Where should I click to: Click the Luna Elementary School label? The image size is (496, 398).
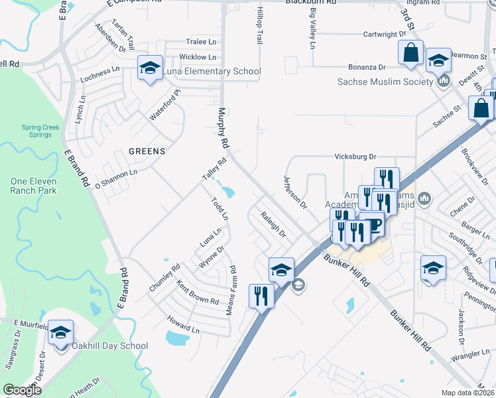(214, 72)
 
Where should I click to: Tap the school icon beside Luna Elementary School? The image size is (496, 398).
(151, 68)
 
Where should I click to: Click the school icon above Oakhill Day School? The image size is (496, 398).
(60, 332)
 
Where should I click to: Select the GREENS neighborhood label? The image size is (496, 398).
(147, 151)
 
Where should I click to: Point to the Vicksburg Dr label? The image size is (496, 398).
(354, 157)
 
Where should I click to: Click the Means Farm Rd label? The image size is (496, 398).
(233, 291)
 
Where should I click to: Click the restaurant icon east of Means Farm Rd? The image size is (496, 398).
(261, 295)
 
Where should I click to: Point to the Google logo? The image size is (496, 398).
(22, 390)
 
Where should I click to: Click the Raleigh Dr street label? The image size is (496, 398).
(273, 224)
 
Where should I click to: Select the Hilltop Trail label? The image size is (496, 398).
(260, 27)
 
